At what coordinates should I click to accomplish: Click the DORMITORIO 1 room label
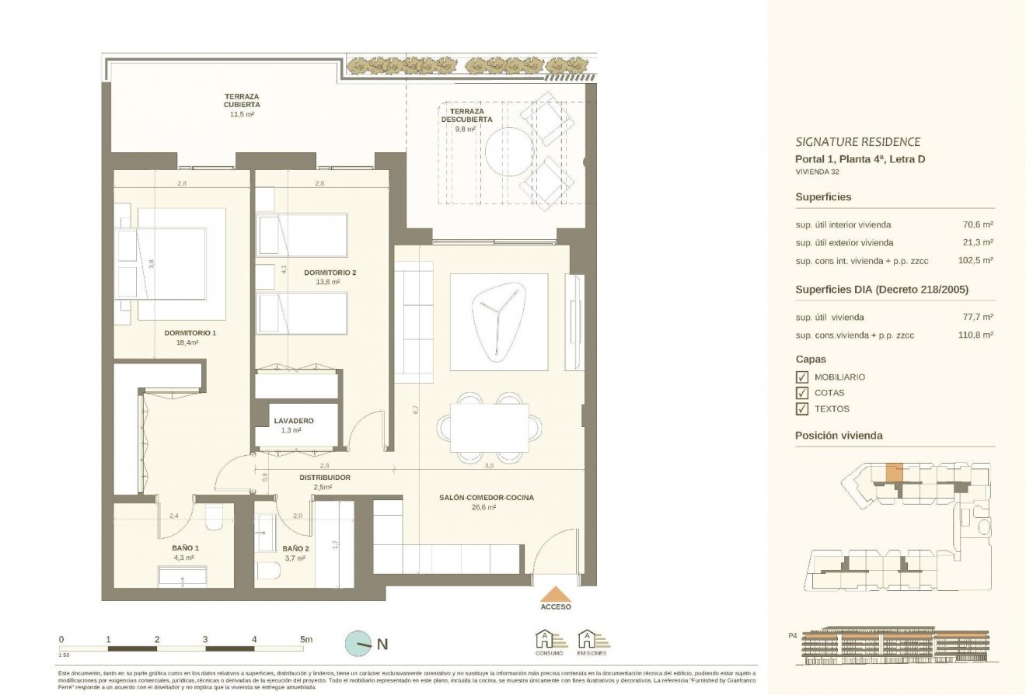point(190,333)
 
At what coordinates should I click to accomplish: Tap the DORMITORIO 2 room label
point(330,273)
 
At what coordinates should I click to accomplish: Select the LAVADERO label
point(293,421)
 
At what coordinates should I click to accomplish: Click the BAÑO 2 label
point(295,547)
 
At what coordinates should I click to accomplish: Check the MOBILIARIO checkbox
point(801,377)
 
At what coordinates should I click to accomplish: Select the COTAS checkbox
point(801,393)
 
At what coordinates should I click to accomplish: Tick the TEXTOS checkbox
point(801,409)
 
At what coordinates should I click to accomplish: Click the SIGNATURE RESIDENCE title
point(857,142)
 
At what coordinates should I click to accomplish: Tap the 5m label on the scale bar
point(306,639)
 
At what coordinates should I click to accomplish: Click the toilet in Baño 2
point(268,571)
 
